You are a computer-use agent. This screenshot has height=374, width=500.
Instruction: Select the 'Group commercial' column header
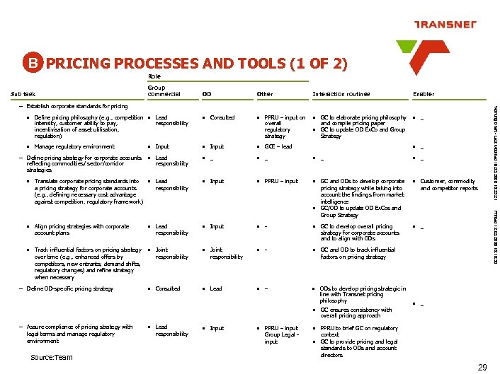tap(164, 91)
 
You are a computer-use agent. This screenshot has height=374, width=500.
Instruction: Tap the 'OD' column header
tap(206, 94)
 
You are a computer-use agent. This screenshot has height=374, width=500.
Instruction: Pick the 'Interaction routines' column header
tap(341, 94)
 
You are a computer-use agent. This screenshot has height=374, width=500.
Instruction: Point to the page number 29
tap(482, 366)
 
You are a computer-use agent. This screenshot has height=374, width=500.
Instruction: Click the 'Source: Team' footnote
tap(52, 357)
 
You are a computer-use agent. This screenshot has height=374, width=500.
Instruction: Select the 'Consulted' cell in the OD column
tap(222, 117)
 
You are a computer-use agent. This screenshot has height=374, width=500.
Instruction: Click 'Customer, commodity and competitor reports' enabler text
tap(449, 185)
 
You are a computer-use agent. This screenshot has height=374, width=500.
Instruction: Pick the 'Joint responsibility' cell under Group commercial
tap(172, 253)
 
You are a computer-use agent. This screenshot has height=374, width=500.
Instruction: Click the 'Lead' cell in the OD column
tap(216, 288)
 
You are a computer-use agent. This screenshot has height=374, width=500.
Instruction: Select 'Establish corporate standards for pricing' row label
tap(78, 106)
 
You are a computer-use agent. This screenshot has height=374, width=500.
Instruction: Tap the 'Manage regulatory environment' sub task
tap(74, 146)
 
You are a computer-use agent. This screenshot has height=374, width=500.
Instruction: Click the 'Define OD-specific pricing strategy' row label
tap(69, 288)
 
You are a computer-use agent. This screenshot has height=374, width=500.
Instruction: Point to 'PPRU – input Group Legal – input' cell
tap(281, 334)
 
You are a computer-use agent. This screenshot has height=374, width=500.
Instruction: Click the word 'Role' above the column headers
tap(154, 76)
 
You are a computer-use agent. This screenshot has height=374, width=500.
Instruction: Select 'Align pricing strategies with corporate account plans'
tap(81, 230)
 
